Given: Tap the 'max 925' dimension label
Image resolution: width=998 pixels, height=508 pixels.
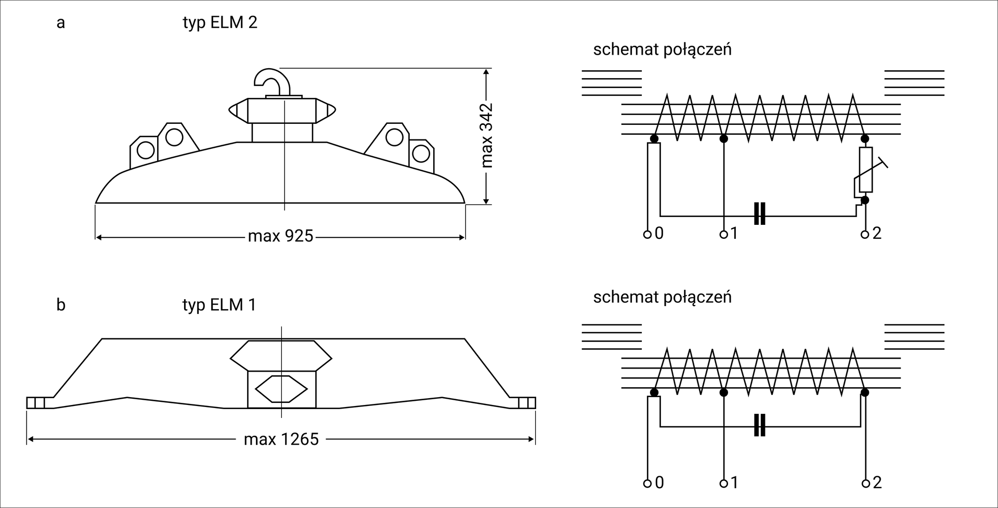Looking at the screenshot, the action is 281,236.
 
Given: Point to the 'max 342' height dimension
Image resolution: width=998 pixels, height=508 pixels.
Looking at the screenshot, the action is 487,135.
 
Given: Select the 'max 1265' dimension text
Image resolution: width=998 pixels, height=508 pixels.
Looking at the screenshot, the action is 281,439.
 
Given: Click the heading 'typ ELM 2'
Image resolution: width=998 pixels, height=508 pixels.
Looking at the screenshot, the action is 220,23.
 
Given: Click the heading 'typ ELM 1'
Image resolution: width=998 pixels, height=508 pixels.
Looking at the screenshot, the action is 219,304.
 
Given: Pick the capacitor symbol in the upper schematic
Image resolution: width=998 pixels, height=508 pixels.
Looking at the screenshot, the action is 760,213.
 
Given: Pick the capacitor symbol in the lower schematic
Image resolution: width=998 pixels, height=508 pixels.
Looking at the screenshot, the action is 760,425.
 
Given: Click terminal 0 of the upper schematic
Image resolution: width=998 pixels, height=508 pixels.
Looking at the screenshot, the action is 647,234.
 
